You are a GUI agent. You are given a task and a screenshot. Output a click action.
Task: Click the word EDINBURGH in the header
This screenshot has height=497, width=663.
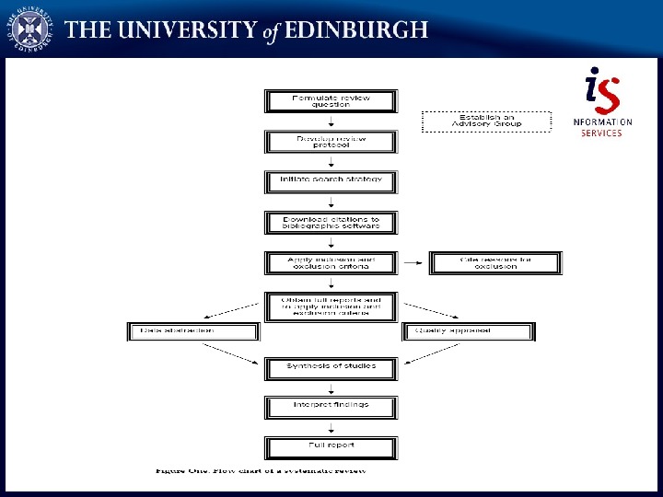[356, 29]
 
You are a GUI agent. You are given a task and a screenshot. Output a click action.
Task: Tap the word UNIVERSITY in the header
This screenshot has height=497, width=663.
[187, 29]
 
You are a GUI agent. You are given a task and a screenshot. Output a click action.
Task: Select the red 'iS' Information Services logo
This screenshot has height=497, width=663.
[602, 91]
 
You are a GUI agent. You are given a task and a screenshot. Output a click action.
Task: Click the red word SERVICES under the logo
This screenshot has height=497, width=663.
[601, 133]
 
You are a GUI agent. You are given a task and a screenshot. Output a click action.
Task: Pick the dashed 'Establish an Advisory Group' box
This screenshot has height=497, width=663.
[486, 121]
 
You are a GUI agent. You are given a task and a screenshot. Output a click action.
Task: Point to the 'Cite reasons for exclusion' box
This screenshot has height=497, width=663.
[495, 263]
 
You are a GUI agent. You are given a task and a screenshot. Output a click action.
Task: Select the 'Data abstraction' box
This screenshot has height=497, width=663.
[193, 331]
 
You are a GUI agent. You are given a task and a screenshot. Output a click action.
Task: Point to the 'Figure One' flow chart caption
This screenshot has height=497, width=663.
[261, 471]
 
